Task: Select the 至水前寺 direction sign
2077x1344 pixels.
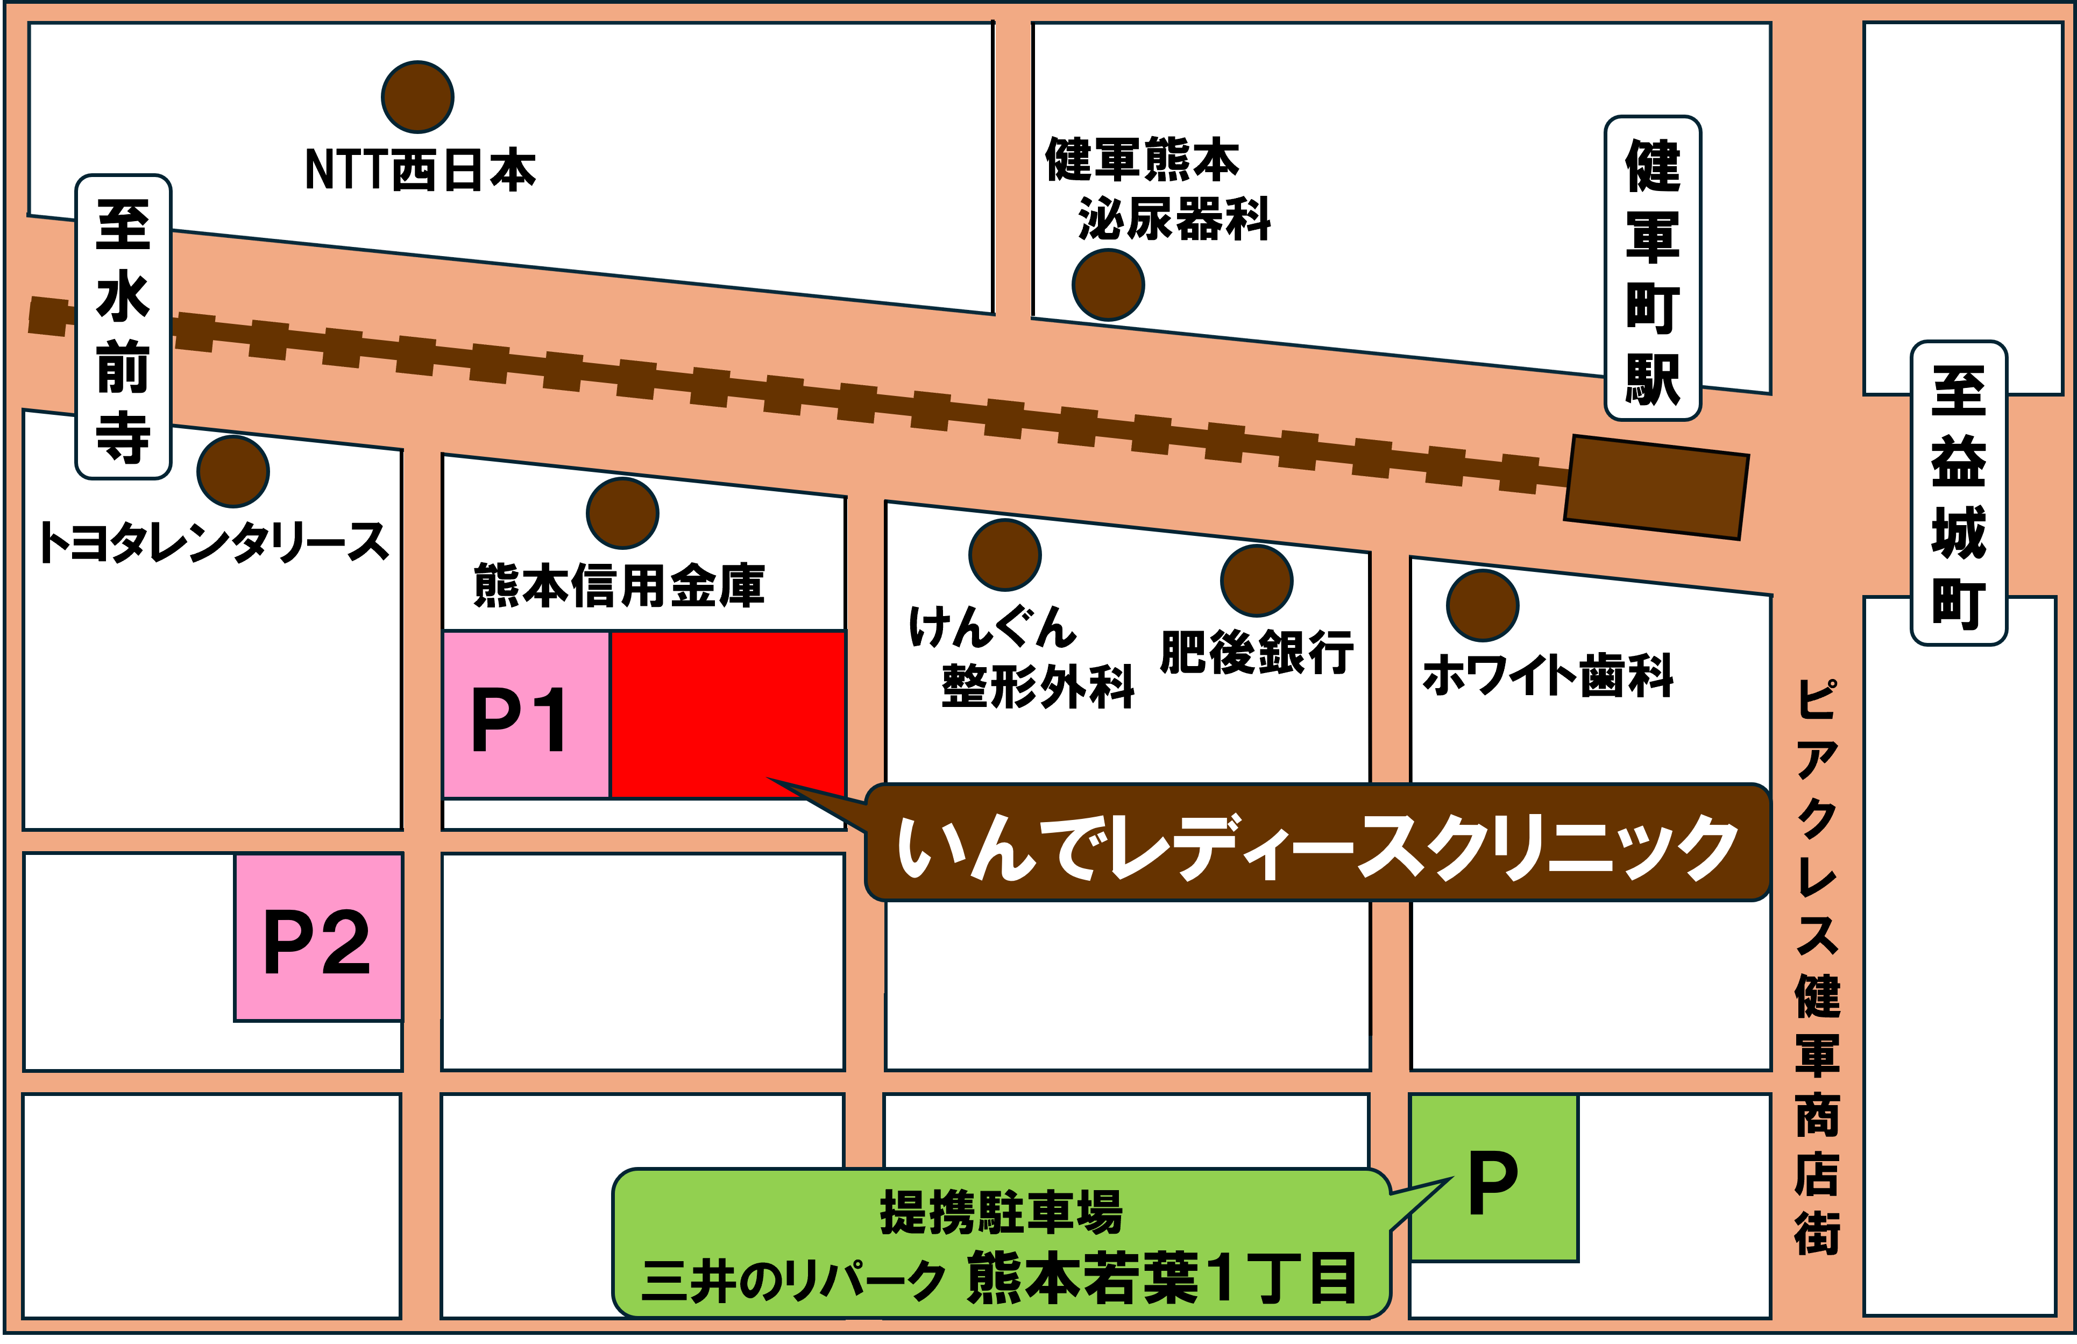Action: pos(123,327)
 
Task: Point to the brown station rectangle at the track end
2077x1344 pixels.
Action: pos(1656,487)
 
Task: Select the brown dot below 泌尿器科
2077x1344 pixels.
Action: pos(1108,285)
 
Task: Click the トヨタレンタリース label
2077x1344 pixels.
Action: pos(213,542)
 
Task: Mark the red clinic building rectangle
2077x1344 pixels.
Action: pos(727,714)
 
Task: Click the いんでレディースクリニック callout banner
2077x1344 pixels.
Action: pos(1317,843)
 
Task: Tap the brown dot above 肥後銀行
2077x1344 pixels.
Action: pos(1256,581)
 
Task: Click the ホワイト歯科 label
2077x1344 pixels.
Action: pos(1548,675)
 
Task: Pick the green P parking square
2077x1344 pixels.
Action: pos(1493,1178)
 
